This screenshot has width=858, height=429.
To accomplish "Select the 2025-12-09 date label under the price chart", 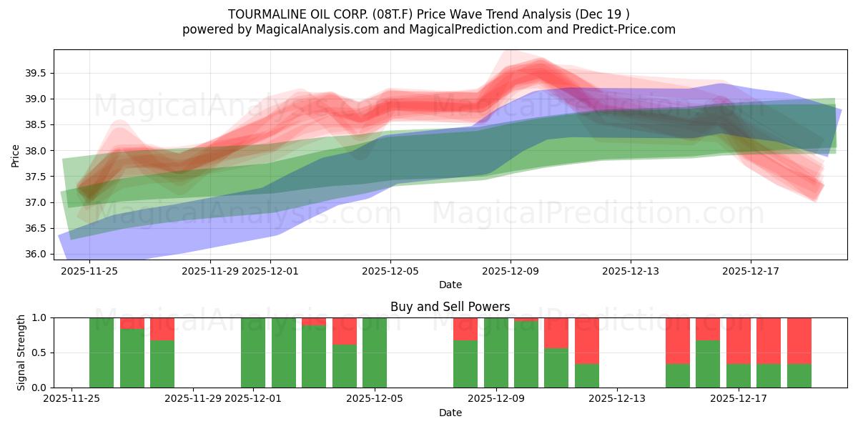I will [511, 271].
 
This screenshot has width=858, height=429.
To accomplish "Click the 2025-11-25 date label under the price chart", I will [89, 271].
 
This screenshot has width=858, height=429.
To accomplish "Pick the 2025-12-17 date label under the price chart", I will [751, 271].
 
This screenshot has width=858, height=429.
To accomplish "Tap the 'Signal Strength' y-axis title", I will [21, 352].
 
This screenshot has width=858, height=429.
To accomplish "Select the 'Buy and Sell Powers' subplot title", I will [450, 307].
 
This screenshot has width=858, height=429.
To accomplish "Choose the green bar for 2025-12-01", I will [253, 352].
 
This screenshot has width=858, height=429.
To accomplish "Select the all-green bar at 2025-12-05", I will [375, 352].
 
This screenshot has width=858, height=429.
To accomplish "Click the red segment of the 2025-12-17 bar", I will [739, 340].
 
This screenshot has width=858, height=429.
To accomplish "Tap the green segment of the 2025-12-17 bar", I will [739, 376].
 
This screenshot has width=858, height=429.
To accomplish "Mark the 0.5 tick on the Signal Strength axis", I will [40, 352].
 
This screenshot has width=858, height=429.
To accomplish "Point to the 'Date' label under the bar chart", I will [450, 413].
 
